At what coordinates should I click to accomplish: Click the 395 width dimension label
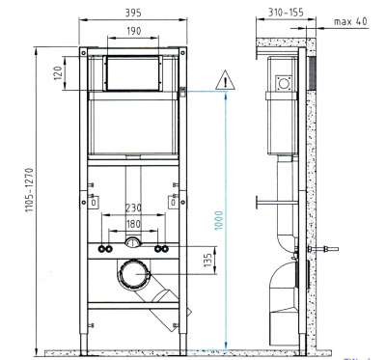pos(133,13)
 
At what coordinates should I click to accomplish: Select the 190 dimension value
pos(133,31)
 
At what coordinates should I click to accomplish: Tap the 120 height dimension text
pos(58,73)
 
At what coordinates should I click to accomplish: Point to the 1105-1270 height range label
pos(30,190)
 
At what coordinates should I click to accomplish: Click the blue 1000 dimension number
pos(218,220)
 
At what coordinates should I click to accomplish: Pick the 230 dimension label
pos(133,208)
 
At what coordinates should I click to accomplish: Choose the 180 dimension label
pos(133,224)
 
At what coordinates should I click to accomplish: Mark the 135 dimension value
pos(208,260)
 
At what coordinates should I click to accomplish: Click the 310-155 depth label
pos(286,13)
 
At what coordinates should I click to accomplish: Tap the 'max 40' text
pos(350,21)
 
